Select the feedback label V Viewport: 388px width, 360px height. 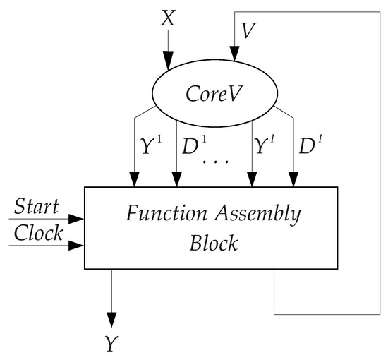click(248, 30)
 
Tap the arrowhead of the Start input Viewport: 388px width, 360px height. click(79, 218)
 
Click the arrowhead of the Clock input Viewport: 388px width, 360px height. click(79, 246)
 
